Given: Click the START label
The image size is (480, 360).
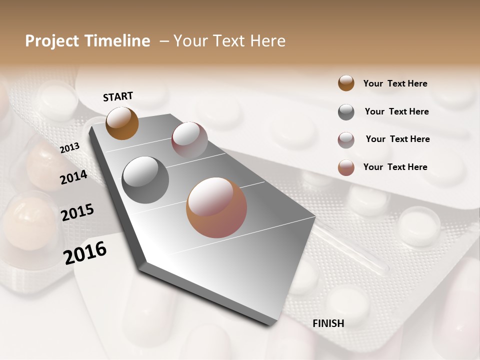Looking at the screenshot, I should click(x=118, y=96).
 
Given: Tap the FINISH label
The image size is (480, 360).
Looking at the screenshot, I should click(x=328, y=323).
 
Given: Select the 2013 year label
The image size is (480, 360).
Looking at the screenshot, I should click(x=69, y=147).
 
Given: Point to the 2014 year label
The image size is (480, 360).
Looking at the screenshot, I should click(x=73, y=177).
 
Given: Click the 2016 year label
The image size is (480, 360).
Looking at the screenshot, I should click(x=84, y=252).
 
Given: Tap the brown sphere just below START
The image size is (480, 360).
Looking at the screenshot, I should click(x=122, y=123).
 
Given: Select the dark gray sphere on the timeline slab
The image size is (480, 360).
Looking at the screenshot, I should click(x=145, y=180).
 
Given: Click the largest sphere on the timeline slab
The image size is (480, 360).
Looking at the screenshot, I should click(x=216, y=207).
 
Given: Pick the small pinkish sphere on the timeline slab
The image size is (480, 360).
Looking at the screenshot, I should click(x=189, y=140).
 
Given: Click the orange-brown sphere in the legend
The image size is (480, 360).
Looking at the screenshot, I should click(x=346, y=83).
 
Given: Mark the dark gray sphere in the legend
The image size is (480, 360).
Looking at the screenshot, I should click(x=346, y=112).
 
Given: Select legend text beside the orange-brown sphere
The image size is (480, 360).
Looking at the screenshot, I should click(x=395, y=83).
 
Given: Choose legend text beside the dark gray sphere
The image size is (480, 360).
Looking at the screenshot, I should click(x=396, y=111).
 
